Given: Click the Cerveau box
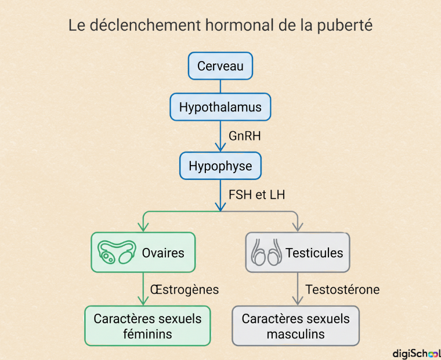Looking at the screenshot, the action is pyautogui.click(x=220, y=66).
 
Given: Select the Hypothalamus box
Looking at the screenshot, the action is pyautogui.click(x=220, y=107).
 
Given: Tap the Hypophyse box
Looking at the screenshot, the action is pyautogui.click(x=220, y=166).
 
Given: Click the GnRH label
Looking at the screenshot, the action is pyautogui.click(x=245, y=136).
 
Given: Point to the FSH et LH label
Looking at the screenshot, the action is pyautogui.click(x=257, y=195).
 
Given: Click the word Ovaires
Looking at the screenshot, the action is pyautogui.click(x=163, y=253).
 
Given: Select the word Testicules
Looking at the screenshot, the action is pyautogui.click(x=315, y=253).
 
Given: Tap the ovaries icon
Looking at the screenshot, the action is pyautogui.click(x=117, y=252).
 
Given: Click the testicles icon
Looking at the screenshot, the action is pyautogui.click(x=266, y=252).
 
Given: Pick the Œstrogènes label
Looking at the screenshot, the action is pyautogui.click(x=185, y=290).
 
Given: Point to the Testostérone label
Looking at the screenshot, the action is pyautogui.click(x=342, y=290).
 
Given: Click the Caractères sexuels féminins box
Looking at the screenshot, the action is pyautogui.click(x=147, y=326).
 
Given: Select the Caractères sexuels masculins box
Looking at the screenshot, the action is pyautogui.click(x=295, y=326).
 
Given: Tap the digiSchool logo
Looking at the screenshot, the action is pyautogui.click(x=417, y=354).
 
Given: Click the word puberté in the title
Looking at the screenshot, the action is pyautogui.click(x=345, y=26).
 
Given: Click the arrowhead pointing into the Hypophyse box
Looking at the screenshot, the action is pyautogui.click(x=220, y=147).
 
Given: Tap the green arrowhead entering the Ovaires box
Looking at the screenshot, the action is pyautogui.click(x=143, y=227).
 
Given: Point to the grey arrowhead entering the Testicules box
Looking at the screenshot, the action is pyautogui.click(x=298, y=227).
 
